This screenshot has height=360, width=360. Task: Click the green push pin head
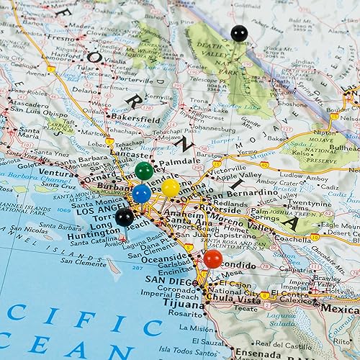click(x=144, y=171)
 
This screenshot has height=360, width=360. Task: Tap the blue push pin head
click(x=141, y=193)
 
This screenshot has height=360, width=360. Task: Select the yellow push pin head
click(x=171, y=188)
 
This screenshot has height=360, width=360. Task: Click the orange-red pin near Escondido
click(x=212, y=258)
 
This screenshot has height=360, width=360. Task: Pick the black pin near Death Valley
click(x=238, y=32)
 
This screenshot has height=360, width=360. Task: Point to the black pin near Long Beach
click(x=125, y=217)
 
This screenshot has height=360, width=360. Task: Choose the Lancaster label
click(x=131, y=154)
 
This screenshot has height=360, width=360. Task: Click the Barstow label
click(x=210, y=153)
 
